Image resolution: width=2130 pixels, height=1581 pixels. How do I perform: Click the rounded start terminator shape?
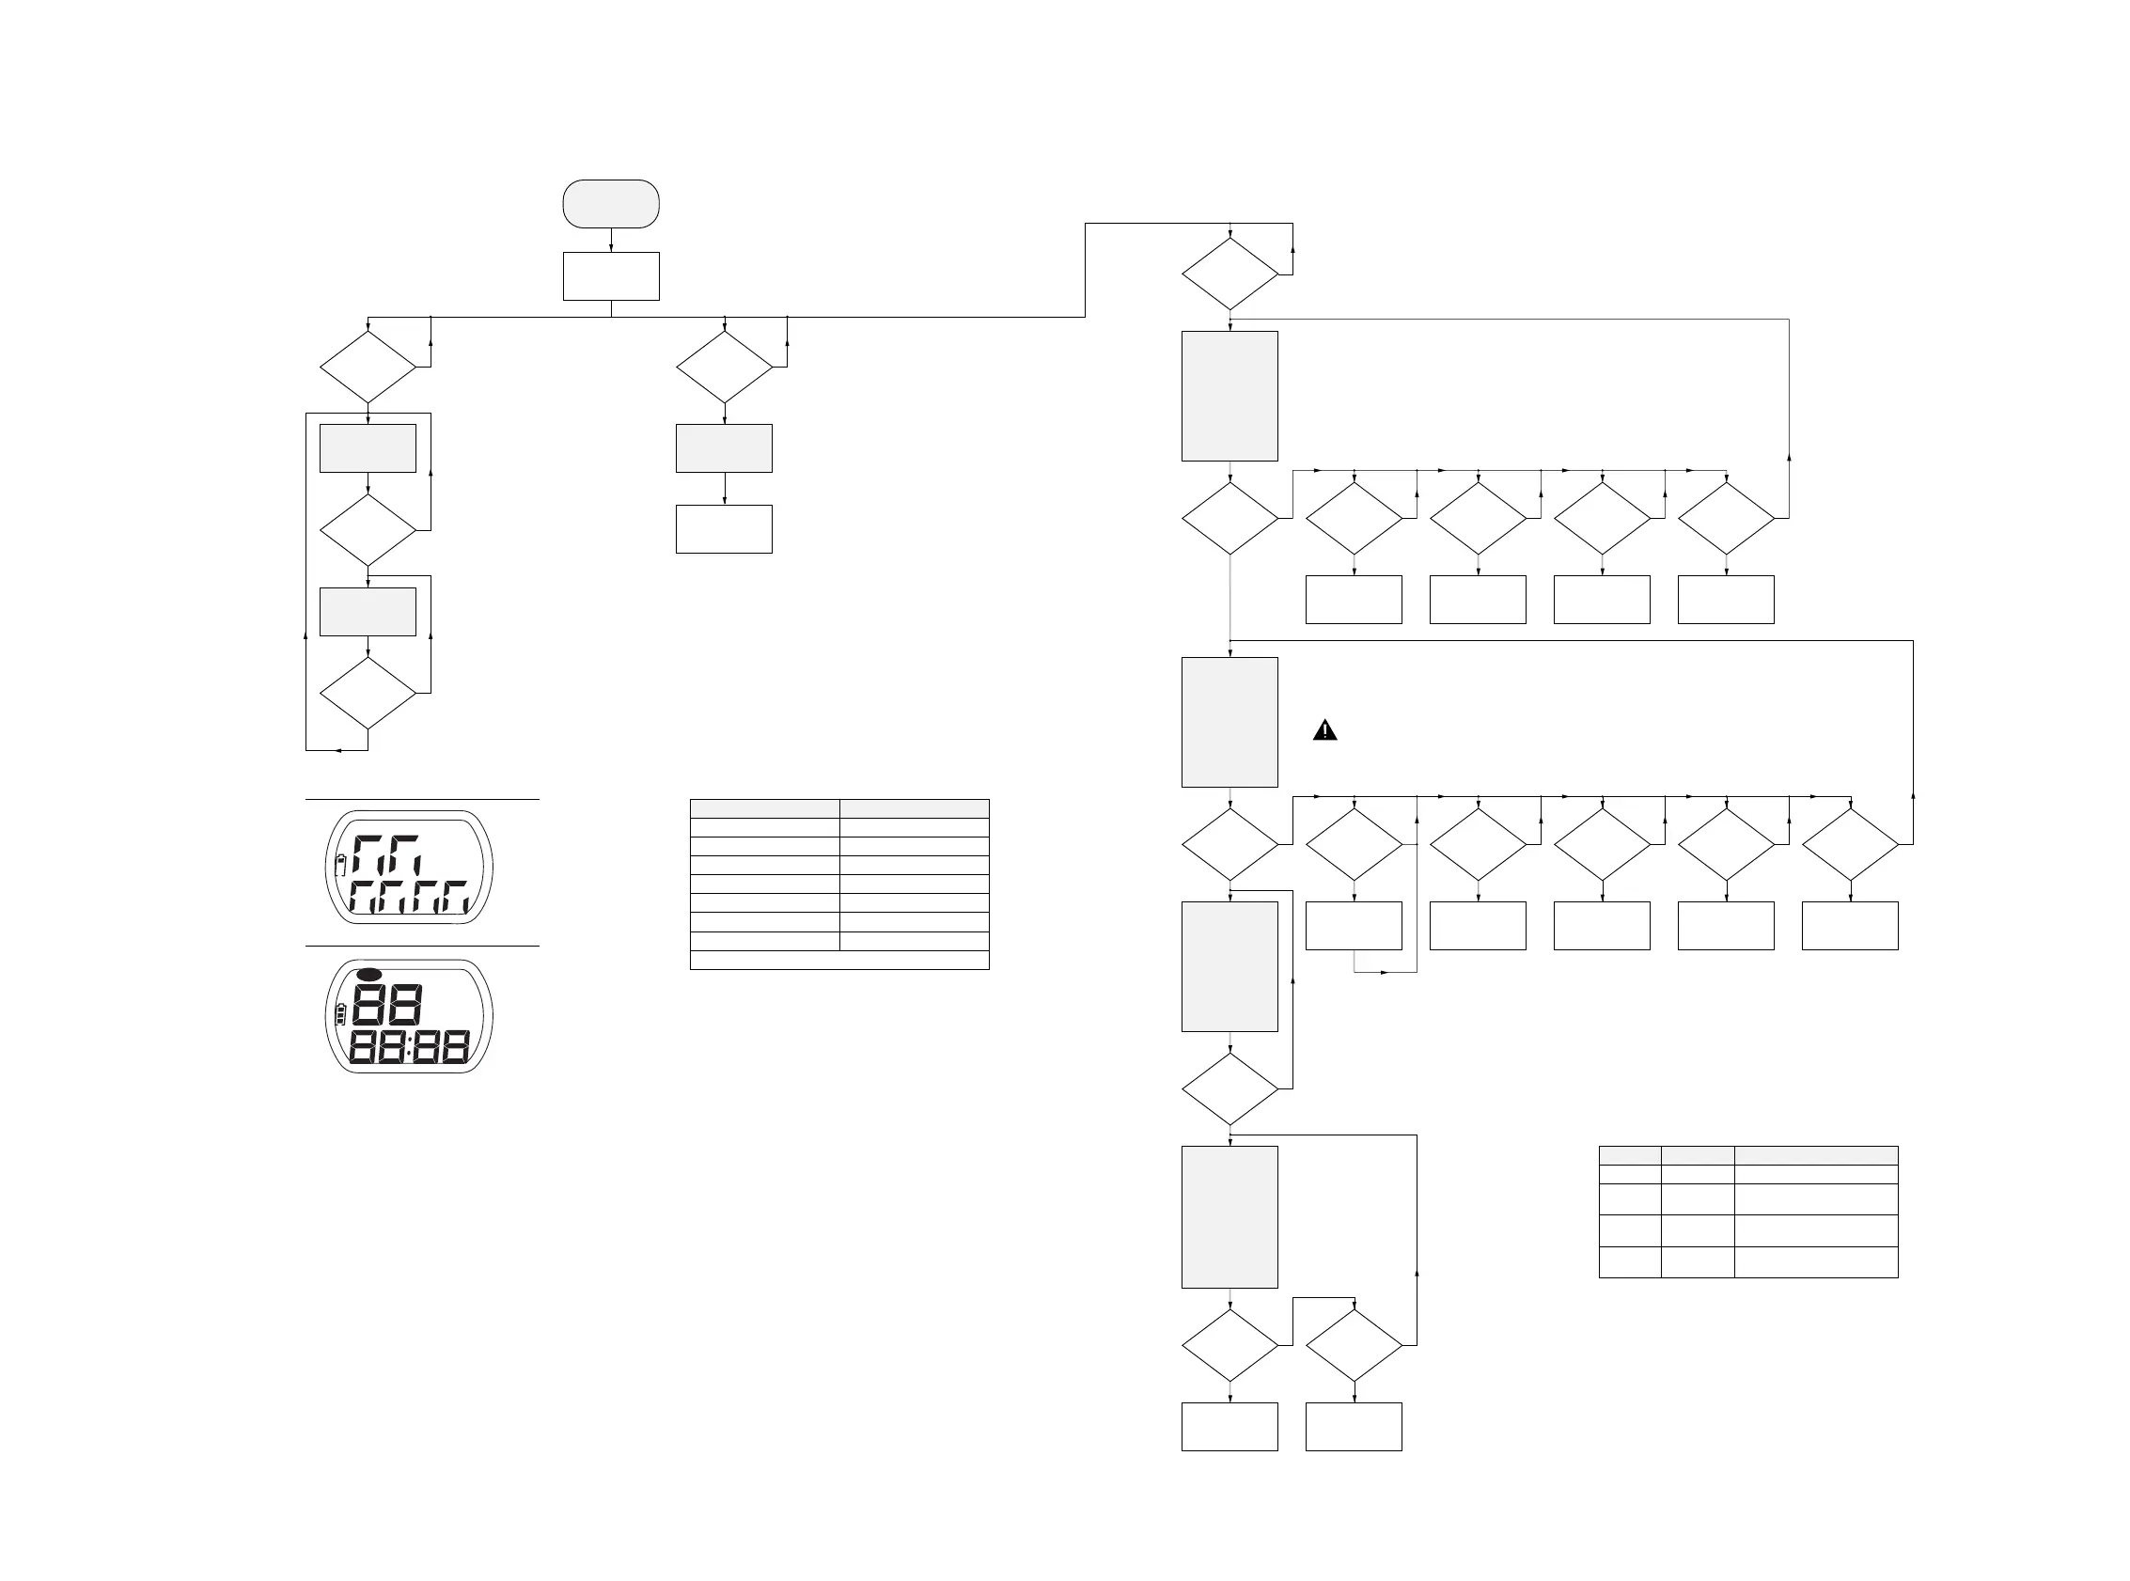[x=610, y=204]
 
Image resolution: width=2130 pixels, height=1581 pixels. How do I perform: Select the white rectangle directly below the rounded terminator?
[x=610, y=276]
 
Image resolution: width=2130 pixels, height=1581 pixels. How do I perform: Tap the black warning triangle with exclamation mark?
[x=1324, y=731]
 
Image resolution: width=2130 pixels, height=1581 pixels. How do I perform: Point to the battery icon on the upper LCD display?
[x=339, y=867]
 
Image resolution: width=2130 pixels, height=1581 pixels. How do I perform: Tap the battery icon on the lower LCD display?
[x=339, y=1014]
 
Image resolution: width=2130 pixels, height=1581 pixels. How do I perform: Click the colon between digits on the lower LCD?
[x=410, y=1048]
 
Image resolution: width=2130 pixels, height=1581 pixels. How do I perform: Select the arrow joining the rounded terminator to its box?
[x=610, y=242]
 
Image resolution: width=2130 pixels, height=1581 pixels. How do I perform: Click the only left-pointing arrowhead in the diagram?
[x=337, y=750]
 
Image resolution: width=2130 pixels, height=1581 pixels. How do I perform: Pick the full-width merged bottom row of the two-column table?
[x=839, y=960]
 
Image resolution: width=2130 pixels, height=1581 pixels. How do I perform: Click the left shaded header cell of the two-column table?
[x=764, y=808]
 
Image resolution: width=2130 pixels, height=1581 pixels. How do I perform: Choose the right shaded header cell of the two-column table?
[x=914, y=808]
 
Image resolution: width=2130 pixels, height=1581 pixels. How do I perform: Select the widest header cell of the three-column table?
[x=1815, y=1155]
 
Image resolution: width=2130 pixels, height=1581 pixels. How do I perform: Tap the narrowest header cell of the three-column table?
[x=1630, y=1155]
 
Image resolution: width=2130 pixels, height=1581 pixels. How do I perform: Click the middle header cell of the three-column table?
[x=1698, y=1155]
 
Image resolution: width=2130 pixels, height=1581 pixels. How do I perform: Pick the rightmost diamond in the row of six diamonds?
[x=1850, y=844]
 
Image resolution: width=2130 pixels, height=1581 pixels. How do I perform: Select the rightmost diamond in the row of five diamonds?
[x=1726, y=518]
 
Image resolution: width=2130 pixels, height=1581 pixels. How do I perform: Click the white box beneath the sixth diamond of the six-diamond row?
[x=1850, y=926]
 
